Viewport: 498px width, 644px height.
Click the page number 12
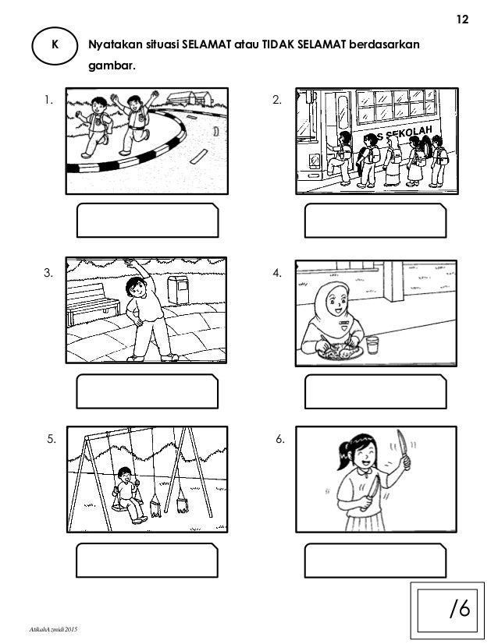coord(462,19)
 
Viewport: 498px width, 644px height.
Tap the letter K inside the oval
coord(55,44)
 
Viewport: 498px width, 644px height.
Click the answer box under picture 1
coord(148,220)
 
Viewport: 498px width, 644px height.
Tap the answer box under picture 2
coord(375,220)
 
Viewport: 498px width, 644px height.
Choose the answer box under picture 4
coord(375,391)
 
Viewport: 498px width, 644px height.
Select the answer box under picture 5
coord(147,561)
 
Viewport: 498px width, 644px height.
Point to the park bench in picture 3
coord(93,303)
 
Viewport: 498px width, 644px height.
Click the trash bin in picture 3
coord(178,289)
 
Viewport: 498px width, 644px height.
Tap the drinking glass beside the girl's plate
coord(372,345)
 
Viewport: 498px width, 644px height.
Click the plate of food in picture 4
coord(340,352)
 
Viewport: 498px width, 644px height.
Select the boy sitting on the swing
coord(130,495)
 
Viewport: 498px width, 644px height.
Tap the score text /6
coord(461,608)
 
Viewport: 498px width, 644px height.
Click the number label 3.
coord(48,273)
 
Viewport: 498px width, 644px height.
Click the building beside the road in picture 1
coord(190,98)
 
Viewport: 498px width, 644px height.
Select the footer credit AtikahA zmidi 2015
coord(53,629)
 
